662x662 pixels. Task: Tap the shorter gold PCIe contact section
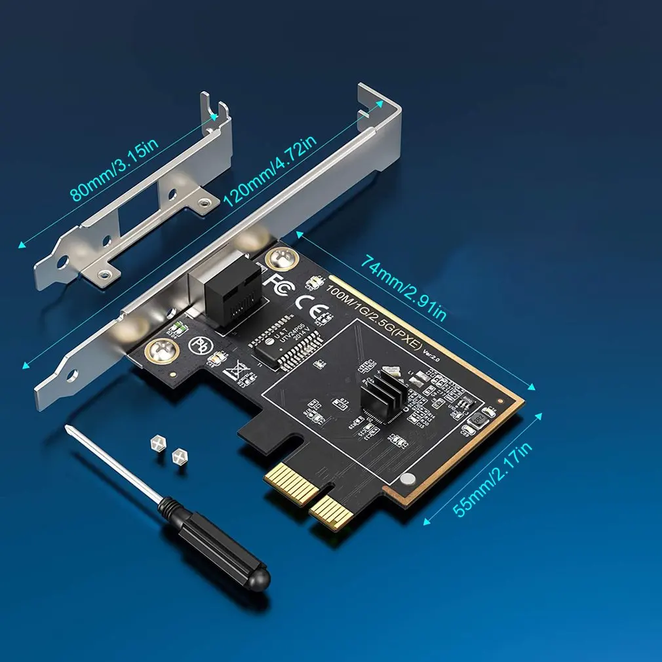point(332,512)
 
